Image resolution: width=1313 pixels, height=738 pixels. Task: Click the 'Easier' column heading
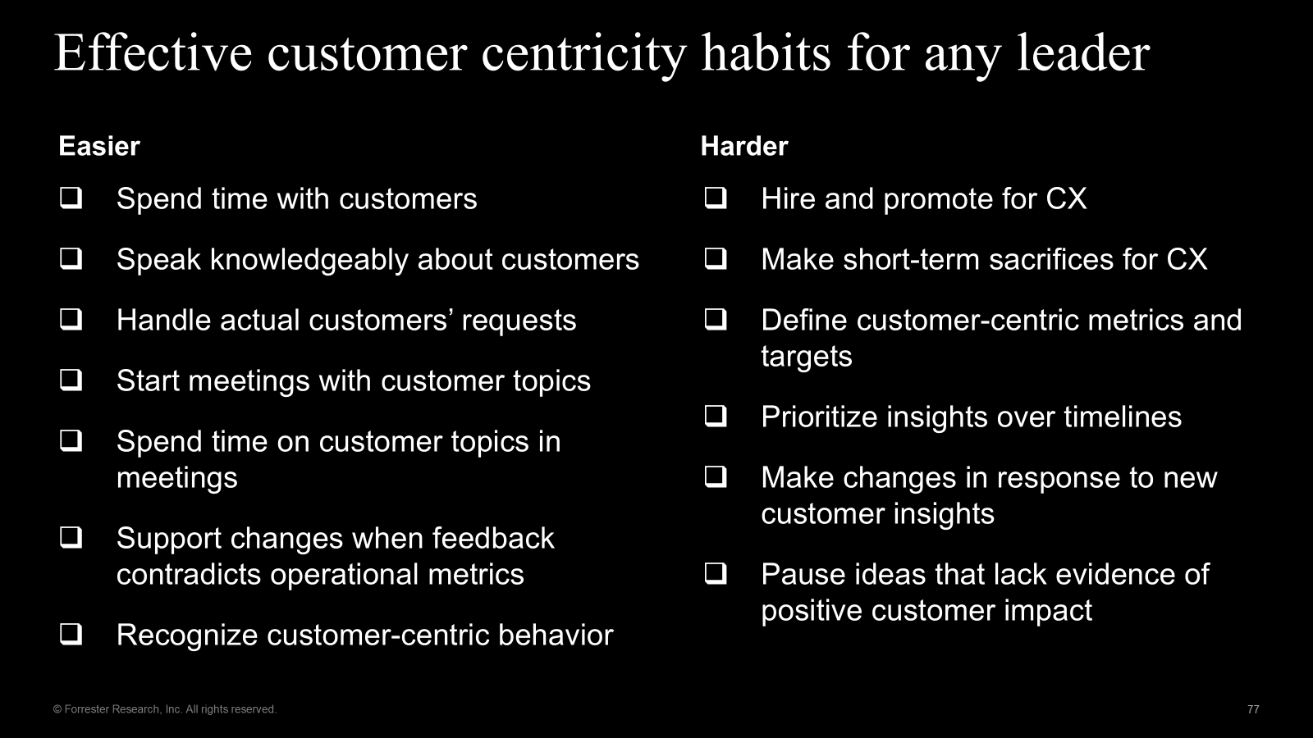tap(99, 147)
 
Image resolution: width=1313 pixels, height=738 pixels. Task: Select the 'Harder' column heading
tap(744, 147)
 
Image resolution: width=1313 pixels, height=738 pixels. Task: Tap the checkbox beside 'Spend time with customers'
tap(71, 198)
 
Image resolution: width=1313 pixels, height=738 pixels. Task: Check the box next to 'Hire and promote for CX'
tap(716, 198)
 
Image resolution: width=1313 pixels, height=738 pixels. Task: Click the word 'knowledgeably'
tap(309, 260)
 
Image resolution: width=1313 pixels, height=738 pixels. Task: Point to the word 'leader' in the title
tap(1083, 54)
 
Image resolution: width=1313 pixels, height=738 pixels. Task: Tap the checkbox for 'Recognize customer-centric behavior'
tap(71, 635)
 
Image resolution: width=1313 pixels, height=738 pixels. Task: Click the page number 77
tap(1253, 709)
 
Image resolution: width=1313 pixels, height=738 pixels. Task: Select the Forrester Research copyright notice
tap(165, 709)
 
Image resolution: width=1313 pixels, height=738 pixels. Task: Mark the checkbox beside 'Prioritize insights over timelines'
tap(716, 417)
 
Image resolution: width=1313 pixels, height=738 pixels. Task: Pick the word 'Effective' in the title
tap(153, 54)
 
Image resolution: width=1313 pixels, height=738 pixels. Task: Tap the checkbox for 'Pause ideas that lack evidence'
tap(716, 573)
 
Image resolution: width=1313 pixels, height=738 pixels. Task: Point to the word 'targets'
tap(807, 357)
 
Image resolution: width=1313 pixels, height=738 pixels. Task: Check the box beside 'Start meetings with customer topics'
tap(71, 380)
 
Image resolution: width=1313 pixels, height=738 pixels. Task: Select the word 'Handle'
tap(163, 321)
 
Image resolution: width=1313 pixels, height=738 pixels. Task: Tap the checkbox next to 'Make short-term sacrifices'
tap(716, 258)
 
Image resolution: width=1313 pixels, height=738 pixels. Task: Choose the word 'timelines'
tap(1123, 417)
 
